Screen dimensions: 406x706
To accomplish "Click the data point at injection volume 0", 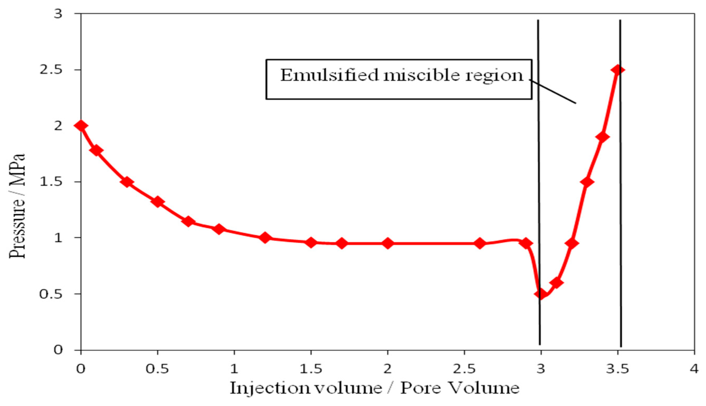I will click(x=81, y=126).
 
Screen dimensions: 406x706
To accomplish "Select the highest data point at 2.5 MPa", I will click(x=617, y=70).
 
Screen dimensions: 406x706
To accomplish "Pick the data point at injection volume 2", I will click(x=387, y=243).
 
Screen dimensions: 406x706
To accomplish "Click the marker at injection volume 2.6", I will click(x=480, y=243).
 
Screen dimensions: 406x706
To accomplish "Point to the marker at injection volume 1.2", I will click(x=265, y=238).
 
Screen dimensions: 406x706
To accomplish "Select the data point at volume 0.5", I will click(x=158, y=202).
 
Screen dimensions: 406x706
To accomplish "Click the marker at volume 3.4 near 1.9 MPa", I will click(x=602, y=137).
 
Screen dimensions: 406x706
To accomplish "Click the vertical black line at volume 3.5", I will click(x=621, y=195).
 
